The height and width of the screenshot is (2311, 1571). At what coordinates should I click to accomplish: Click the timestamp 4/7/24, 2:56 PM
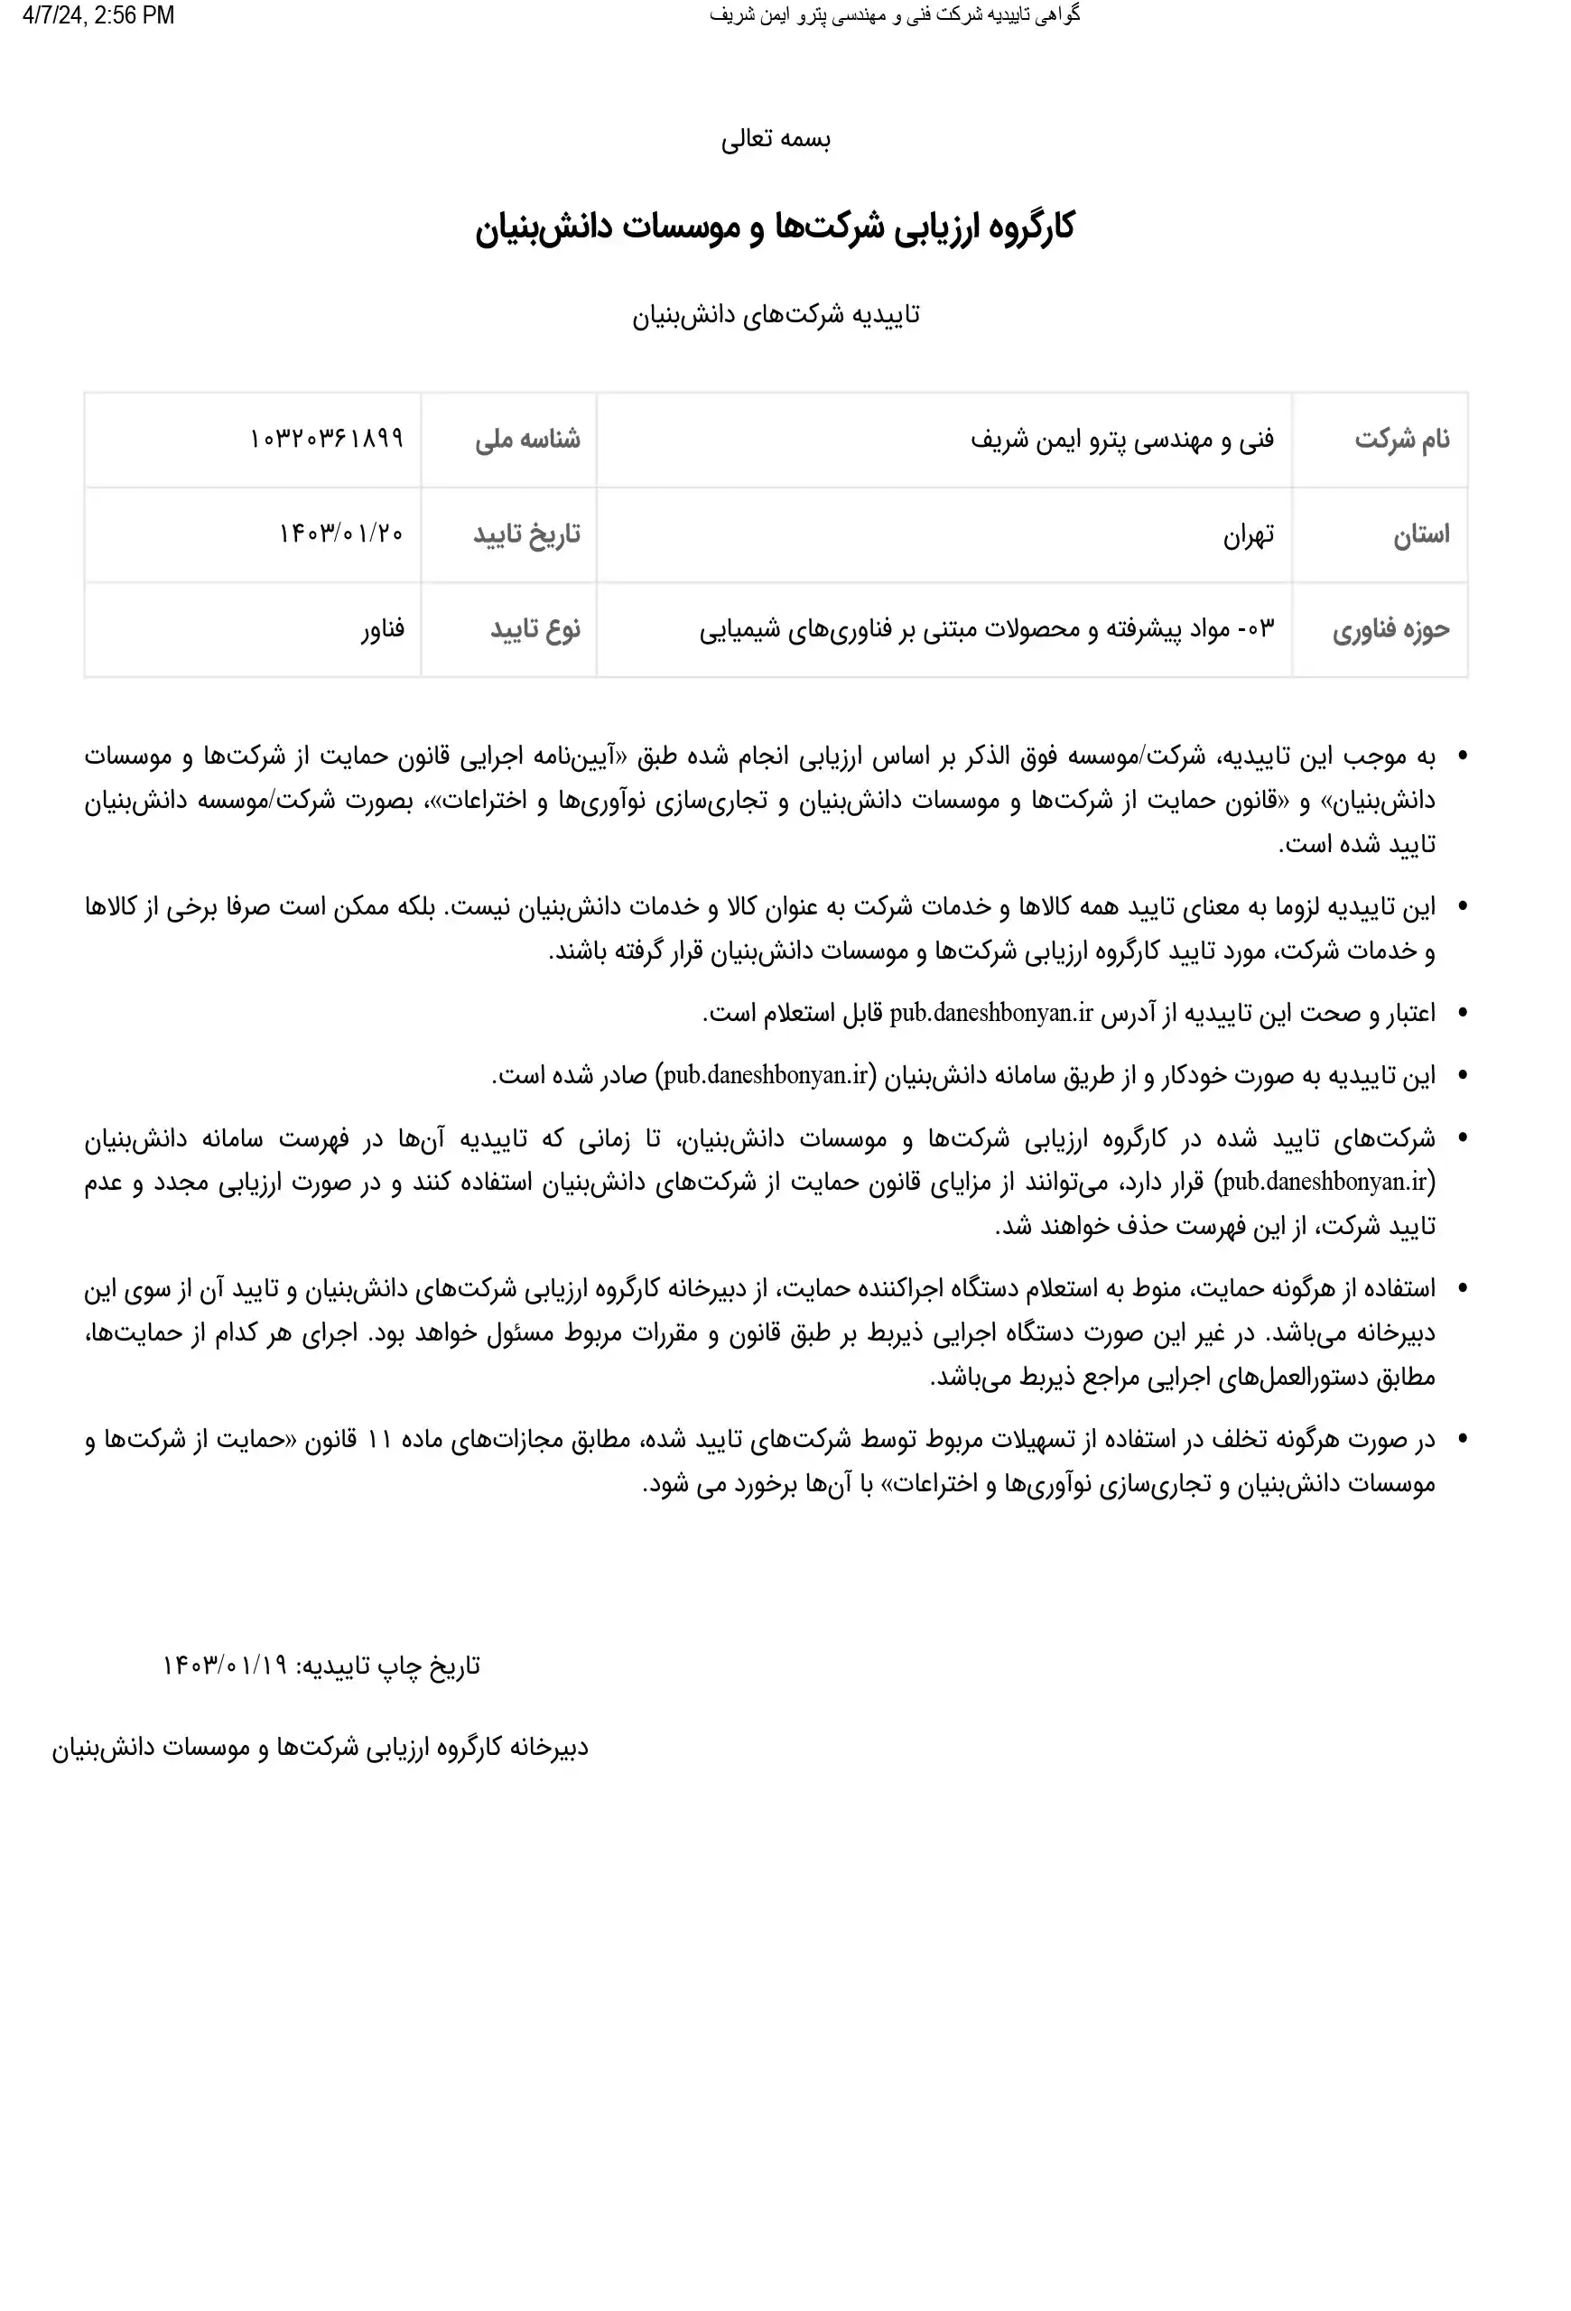coord(98,16)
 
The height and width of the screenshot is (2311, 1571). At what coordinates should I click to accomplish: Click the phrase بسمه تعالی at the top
coord(776,139)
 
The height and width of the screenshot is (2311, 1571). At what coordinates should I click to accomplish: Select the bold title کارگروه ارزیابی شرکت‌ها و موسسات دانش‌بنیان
coord(775,227)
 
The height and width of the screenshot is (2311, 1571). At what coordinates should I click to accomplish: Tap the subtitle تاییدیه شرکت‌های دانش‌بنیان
coord(776,315)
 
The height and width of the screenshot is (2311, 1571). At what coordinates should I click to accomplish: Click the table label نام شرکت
coord(1402,440)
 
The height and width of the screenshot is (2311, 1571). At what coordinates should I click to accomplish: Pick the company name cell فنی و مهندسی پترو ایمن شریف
coord(1121,440)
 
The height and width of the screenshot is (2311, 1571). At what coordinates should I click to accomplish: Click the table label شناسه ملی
coord(527,440)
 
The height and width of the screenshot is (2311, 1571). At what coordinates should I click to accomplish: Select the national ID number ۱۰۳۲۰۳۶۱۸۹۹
coord(326,439)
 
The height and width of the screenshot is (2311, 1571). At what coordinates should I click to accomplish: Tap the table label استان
coord(1421,535)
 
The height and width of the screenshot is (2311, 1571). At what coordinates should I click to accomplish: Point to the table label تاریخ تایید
coord(526,535)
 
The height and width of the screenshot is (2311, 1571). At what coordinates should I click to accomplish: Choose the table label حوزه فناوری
coord(1391,629)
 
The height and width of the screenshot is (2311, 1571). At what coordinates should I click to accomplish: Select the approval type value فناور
coord(383,629)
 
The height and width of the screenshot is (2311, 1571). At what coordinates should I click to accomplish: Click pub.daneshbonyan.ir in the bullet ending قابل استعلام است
coord(991,1013)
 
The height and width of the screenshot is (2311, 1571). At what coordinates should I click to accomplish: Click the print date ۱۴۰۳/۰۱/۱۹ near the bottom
coord(225,1666)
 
